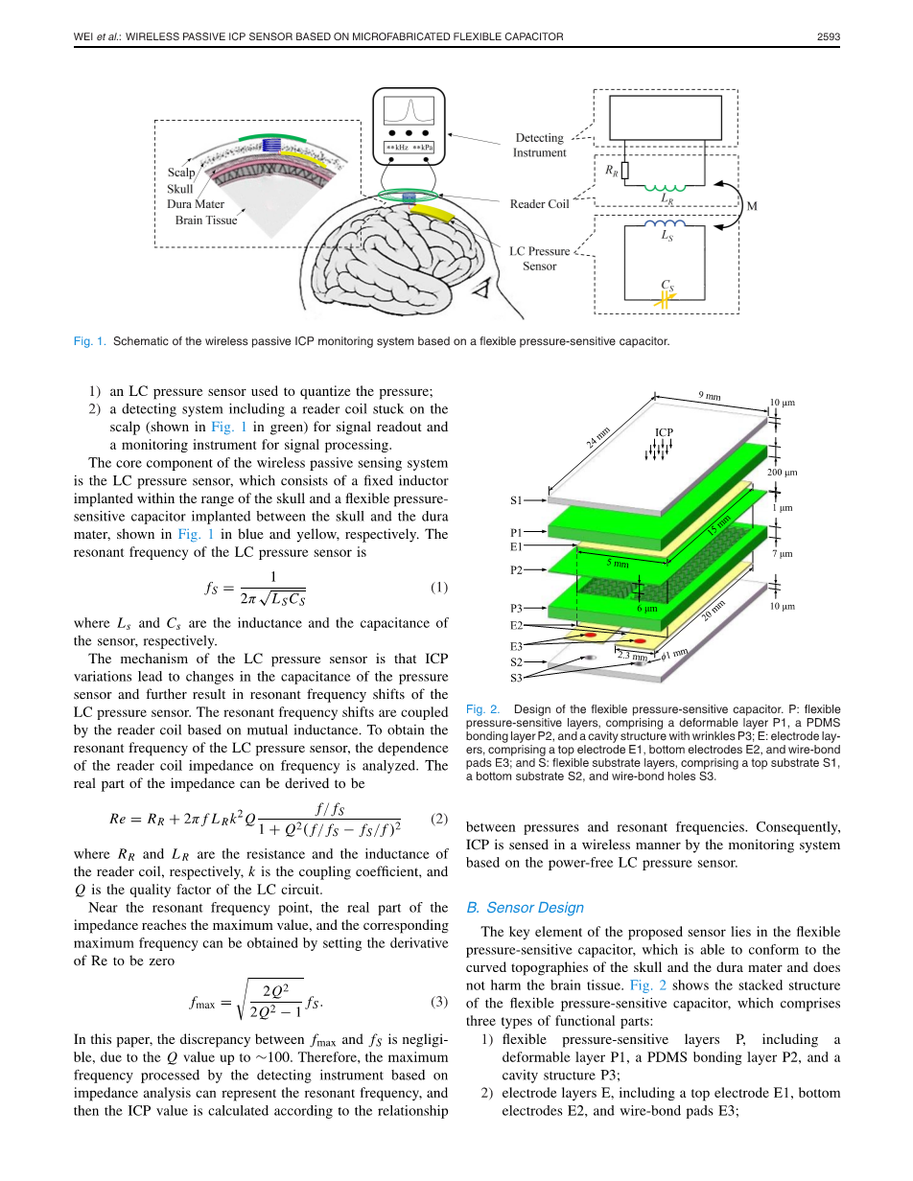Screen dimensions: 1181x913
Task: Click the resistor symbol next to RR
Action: pyautogui.click(x=625, y=171)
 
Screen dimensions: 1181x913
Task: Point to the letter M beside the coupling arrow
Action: pyautogui.click(x=752, y=205)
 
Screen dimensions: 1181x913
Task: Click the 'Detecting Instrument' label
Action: pyautogui.click(x=539, y=145)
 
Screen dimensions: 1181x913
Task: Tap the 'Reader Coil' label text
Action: pyautogui.click(x=539, y=204)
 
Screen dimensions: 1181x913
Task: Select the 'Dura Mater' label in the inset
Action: pyautogui.click(x=196, y=204)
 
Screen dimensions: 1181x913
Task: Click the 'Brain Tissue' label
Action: pyautogui.click(x=205, y=220)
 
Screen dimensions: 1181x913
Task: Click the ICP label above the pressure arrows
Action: pyautogui.click(x=664, y=432)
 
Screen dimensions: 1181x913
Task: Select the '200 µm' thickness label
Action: pyautogui.click(x=783, y=473)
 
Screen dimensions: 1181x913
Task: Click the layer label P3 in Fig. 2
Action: pyautogui.click(x=516, y=608)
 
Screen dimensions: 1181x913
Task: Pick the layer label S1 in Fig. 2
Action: pyautogui.click(x=516, y=500)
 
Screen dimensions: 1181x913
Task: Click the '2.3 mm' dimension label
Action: pyautogui.click(x=632, y=656)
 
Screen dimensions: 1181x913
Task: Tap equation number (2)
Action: pyautogui.click(x=439, y=819)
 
